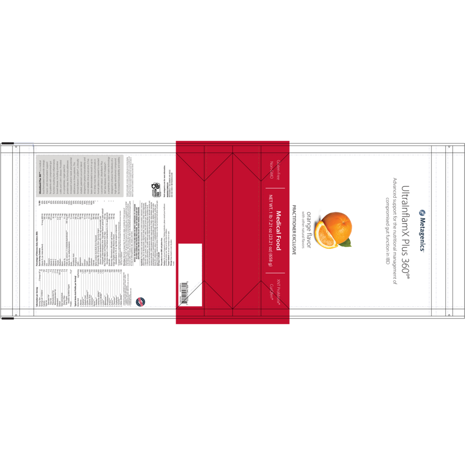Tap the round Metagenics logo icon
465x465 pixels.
[422, 213]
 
